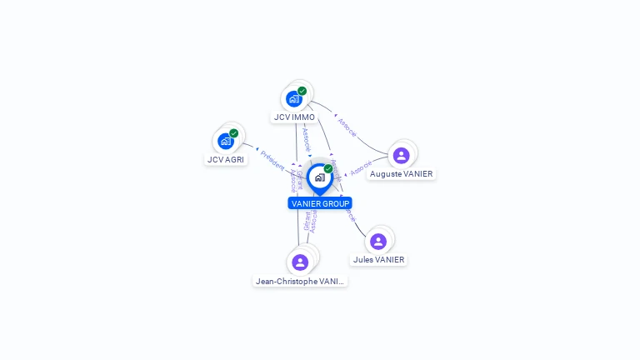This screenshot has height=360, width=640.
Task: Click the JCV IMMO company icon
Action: click(293, 98)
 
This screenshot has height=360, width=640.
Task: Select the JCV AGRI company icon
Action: click(225, 141)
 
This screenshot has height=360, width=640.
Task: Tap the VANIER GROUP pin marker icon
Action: click(319, 177)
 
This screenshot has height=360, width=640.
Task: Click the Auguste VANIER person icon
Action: click(401, 155)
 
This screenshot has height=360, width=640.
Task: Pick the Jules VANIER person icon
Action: click(378, 241)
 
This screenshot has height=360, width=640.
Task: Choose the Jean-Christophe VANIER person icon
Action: click(300, 262)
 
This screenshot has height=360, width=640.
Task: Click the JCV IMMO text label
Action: click(294, 117)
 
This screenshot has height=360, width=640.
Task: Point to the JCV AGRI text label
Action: click(226, 159)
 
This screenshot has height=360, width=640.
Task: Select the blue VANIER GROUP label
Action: click(320, 203)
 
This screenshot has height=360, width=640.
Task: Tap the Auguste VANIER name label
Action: click(402, 174)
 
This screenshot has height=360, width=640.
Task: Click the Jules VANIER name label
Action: click(378, 260)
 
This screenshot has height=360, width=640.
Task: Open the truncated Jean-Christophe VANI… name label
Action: click(300, 282)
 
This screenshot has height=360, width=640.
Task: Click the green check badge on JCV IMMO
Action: click(302, 91)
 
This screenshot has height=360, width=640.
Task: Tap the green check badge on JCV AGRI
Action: click(233, 133)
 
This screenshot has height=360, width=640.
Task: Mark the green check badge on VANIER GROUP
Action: click(328, 168)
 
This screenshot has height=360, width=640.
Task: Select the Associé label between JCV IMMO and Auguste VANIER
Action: click(347, 127)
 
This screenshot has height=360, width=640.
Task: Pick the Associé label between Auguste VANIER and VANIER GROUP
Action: click(361, 168)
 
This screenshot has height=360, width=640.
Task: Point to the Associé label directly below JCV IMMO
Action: click(306, 138)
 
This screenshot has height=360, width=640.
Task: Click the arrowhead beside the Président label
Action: click(257, 148)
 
